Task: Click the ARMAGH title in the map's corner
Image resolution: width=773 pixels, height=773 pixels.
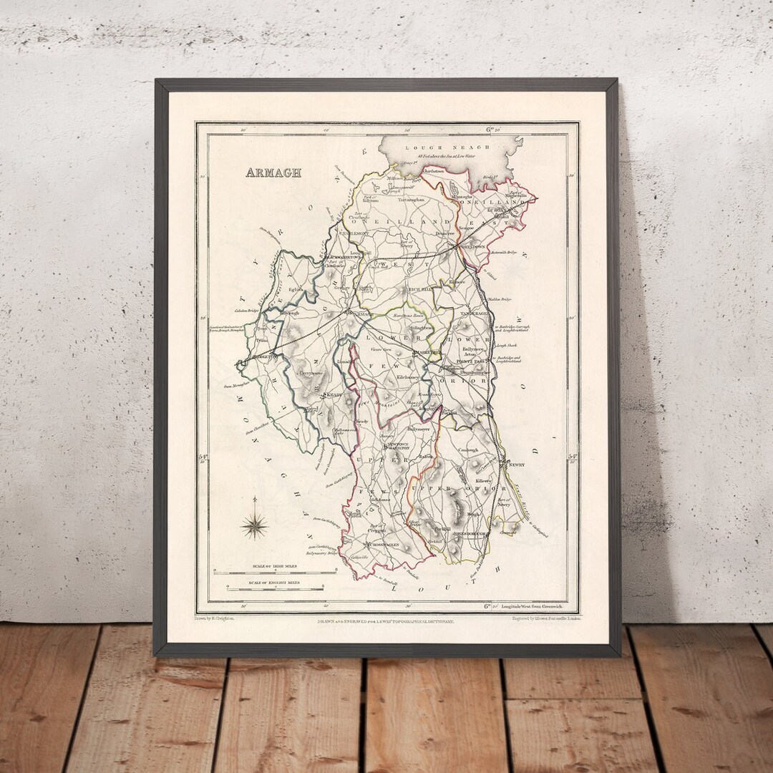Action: click(273, 172)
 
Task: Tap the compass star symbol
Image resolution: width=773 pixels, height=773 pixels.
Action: click(253, 527)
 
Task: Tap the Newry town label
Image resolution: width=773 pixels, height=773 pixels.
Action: click(517, 465)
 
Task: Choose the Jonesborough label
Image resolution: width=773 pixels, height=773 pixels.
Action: click(471, 533)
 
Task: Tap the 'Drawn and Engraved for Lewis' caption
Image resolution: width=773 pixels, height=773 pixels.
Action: click(386, 622)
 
